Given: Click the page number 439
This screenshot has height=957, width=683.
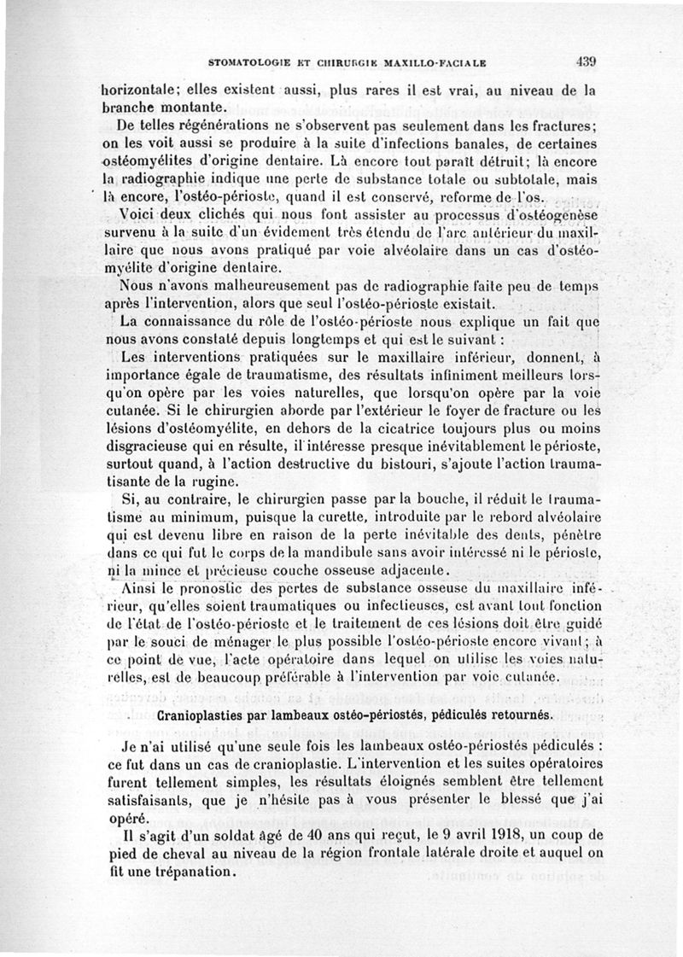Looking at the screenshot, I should pyautogui.click(x=586, y=61).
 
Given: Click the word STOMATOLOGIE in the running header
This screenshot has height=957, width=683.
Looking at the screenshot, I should pyautogui.click(x=253, y=62).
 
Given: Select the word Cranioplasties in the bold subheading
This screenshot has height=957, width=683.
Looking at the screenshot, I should pyautogui.click(x=207, y=714).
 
